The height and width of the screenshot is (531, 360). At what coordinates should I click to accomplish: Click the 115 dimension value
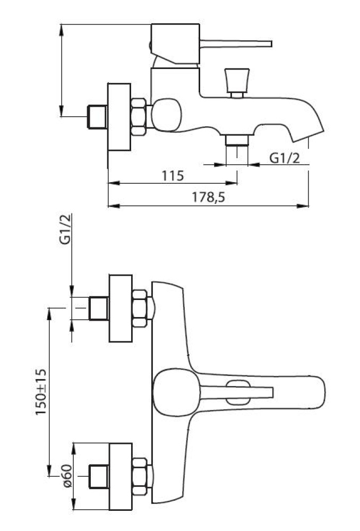[173, 176]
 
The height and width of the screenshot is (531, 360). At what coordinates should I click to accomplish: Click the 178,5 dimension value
[209, 197]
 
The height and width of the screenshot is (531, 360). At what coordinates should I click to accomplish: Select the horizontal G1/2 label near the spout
[285, 158]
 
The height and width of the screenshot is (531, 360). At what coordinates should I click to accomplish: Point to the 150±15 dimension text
[41, 392]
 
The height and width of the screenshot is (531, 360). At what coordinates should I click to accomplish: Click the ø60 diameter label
[67, 476]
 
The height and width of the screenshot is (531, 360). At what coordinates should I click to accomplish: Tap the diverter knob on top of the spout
[237, 83]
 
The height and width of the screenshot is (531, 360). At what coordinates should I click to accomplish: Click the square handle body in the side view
[175, 44]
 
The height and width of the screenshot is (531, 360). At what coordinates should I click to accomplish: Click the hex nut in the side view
[139, 117]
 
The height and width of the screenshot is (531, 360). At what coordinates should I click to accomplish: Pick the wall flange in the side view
[119, 117]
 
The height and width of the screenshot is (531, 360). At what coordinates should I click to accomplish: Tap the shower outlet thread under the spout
[237, 141]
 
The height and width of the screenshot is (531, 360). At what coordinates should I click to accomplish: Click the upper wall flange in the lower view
[120, 308]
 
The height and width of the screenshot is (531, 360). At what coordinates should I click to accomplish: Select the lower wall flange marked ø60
[120, 476]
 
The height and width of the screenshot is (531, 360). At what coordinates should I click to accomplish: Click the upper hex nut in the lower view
[140, 308]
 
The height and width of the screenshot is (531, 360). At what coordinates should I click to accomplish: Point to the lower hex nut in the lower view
[140, 476]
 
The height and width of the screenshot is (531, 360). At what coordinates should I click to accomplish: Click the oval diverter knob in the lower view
[238, 392]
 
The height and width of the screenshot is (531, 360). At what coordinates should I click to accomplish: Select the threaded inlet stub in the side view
[98, 117]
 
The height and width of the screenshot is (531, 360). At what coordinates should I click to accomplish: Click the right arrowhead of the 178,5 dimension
[303, 205]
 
